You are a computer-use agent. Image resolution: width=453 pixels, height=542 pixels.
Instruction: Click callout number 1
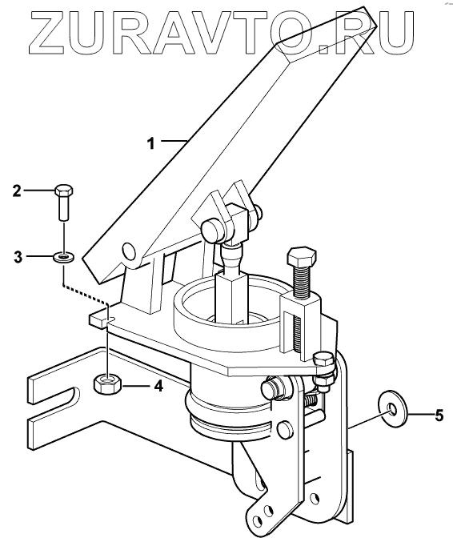(x=151, y=143)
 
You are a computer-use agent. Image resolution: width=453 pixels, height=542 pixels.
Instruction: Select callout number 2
(x=17, y=191)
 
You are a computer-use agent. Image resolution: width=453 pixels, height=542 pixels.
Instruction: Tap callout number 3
(x=18, y=257)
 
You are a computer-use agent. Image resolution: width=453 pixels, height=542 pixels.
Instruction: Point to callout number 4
(x=158, y=385)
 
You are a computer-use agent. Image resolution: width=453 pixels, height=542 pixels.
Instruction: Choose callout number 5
(x=439, y=416)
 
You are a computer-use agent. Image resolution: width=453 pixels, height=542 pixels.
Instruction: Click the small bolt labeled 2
(x=64, y=203)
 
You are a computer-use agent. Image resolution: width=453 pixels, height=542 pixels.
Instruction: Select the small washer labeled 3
(x=63, y=257)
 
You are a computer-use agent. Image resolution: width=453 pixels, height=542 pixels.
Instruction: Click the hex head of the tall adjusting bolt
(x=302, y=256)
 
